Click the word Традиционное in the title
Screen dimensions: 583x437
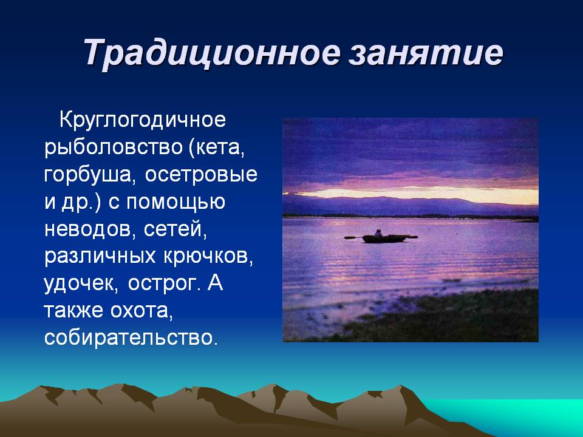[211, 52]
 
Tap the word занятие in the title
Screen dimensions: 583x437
[426, 52]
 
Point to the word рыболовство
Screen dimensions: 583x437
[114, 147]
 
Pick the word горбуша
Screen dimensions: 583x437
[88, 175]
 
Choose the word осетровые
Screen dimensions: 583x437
[201, 175]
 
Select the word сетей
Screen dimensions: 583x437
[175, 229]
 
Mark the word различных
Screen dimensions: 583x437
[100, 256]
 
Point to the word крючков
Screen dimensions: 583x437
[208, 256]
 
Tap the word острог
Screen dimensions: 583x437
[163, 284]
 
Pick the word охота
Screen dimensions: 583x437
[141, 311]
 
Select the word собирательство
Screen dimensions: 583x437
[130, 338]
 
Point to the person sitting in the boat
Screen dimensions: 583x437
[378, 233]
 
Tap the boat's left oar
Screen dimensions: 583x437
[353, 237]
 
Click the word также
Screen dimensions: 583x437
[73, 311]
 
